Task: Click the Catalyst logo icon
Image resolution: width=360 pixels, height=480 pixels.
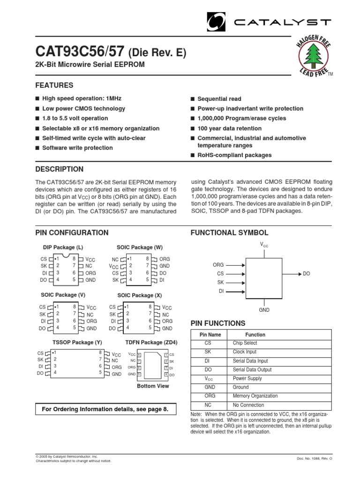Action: point(216,22)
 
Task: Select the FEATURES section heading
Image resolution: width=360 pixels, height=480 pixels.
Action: point(54,85)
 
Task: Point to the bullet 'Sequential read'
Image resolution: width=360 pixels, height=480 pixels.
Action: point(219,99)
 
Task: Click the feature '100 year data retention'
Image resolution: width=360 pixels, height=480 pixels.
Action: point(229,128)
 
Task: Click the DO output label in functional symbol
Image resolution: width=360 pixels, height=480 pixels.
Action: point(307,273)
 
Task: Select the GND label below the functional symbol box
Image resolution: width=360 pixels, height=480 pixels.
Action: point(265,310)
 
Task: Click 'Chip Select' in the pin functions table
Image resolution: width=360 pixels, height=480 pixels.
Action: point(244,343)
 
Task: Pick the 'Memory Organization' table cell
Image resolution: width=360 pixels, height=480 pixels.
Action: point(255,396)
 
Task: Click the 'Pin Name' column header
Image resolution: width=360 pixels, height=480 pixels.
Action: point(210,335)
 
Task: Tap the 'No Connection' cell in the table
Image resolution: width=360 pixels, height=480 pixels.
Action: point(248,405)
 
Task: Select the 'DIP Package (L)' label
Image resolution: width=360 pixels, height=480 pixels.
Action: point(63,247)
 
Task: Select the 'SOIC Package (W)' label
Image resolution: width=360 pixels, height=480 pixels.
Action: point(140,247)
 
